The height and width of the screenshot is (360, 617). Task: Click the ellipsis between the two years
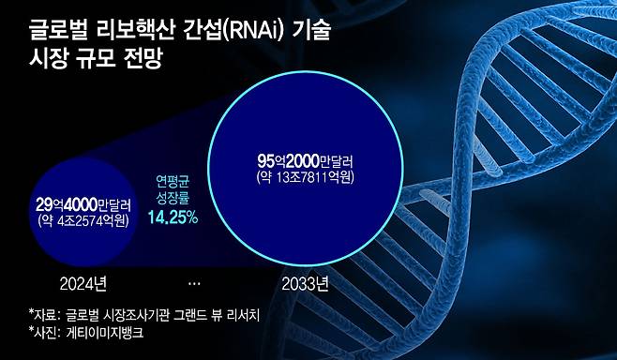click(193, 280)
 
